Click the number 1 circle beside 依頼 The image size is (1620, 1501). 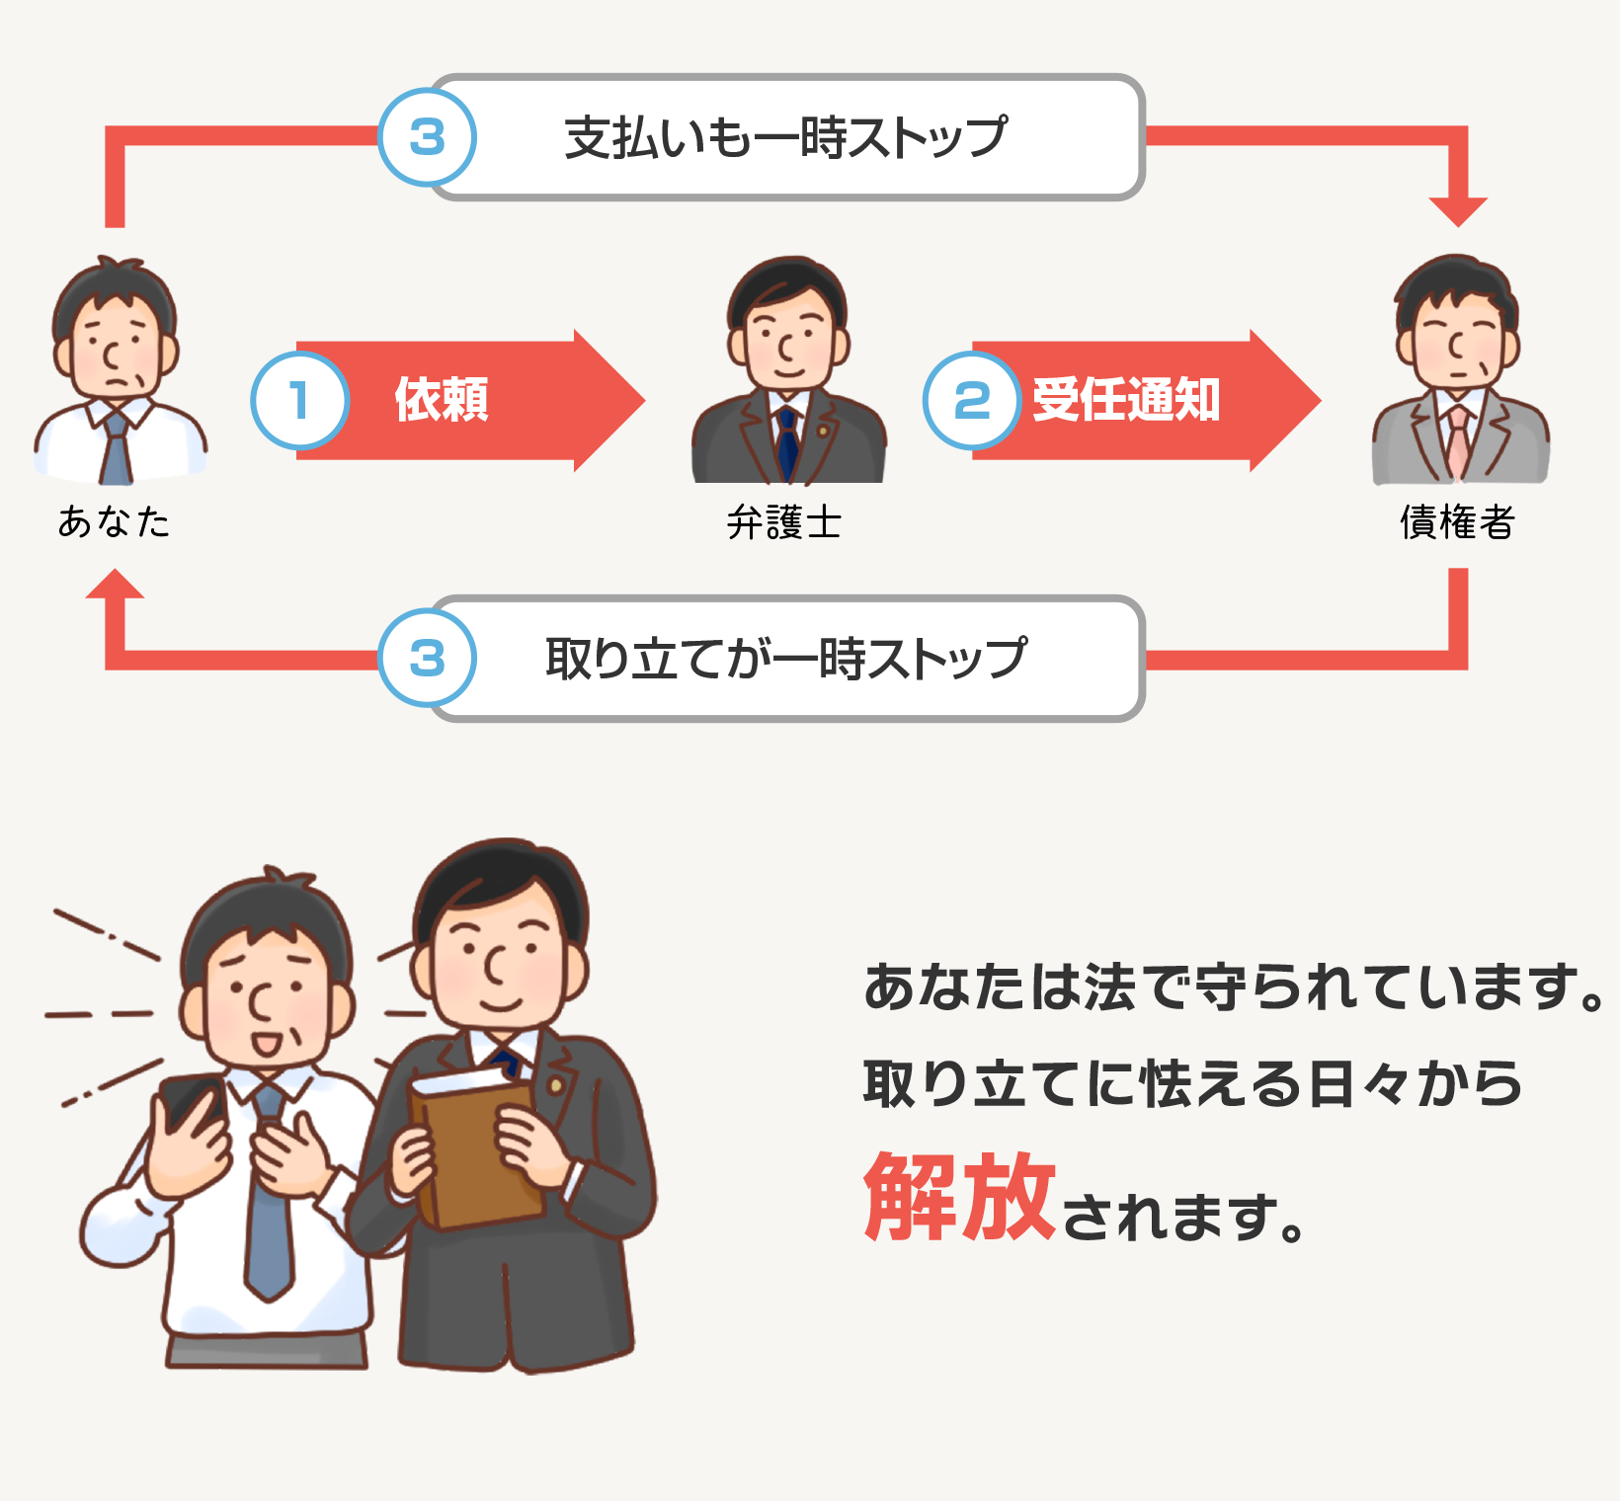299,400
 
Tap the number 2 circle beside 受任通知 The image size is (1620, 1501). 972,400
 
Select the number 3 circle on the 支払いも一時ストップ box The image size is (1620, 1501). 428,137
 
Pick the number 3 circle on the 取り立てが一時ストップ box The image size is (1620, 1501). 428,659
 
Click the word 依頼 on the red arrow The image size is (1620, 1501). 442,400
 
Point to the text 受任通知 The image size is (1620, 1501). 1126,400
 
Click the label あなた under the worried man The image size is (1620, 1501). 115,522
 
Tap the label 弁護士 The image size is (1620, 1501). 784,522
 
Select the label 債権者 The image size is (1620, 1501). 1457,522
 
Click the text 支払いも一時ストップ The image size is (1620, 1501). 785,137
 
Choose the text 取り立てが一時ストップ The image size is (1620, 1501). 785,659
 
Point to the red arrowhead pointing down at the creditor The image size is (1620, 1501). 1458,209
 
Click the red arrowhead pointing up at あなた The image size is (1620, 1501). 116,585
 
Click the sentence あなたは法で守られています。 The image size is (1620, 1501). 1235,987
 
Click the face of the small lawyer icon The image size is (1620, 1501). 787,341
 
